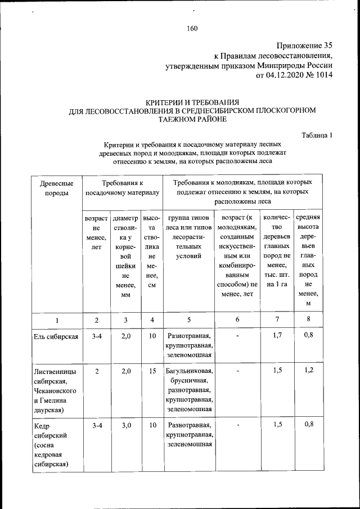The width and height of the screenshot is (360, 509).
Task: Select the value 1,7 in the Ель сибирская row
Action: [x=277, y=336]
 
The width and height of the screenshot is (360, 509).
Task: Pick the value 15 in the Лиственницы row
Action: [x=152, y=371]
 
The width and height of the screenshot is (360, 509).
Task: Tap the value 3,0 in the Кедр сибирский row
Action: [x=125, y=425]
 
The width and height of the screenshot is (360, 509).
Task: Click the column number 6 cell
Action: [x=237, y=320]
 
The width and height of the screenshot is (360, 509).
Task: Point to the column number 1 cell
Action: [x=56, y=320]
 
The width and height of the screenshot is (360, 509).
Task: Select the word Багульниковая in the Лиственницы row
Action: [x=188, y=371]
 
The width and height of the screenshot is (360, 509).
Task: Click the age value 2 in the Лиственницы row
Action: [x=97, y=371]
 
